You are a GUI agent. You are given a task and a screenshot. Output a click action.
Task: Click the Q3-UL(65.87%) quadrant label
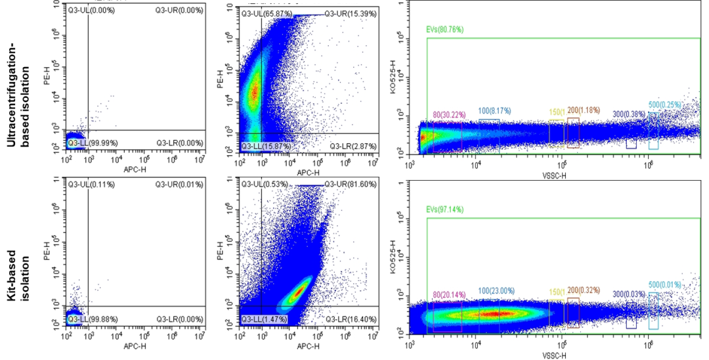263,14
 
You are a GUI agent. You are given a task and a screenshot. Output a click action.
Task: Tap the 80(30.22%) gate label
449,114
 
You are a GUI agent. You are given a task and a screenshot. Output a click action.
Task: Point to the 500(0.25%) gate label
664,104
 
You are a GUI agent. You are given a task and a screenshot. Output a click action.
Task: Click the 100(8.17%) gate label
494,110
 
